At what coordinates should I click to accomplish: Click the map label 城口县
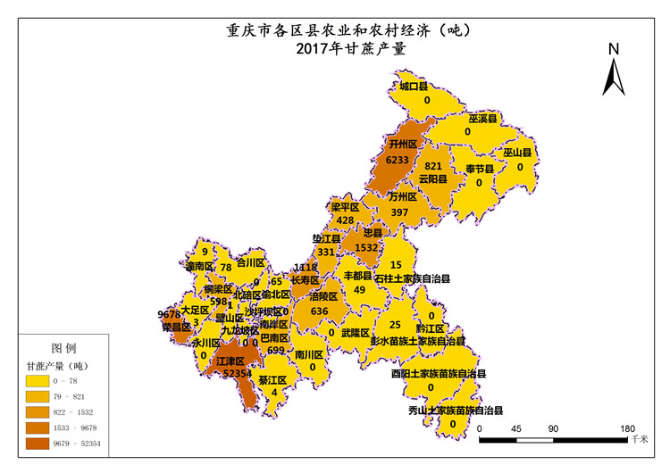click(414, 87)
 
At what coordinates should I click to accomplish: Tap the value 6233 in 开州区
click(399, 159)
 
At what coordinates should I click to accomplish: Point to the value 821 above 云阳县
click(433, 166)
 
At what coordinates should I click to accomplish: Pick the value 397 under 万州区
click(399, 212)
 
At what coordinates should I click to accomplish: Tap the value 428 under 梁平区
click(345, 220)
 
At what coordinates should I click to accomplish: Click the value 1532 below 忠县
click(366, 247)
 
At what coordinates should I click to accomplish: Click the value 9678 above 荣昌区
click(169, 314)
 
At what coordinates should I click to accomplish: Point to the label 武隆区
click(355, 332)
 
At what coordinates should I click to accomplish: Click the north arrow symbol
click(613, 77)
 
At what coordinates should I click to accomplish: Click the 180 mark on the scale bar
click(626, 428)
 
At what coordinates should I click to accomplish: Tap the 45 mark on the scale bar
click(516, 428)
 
